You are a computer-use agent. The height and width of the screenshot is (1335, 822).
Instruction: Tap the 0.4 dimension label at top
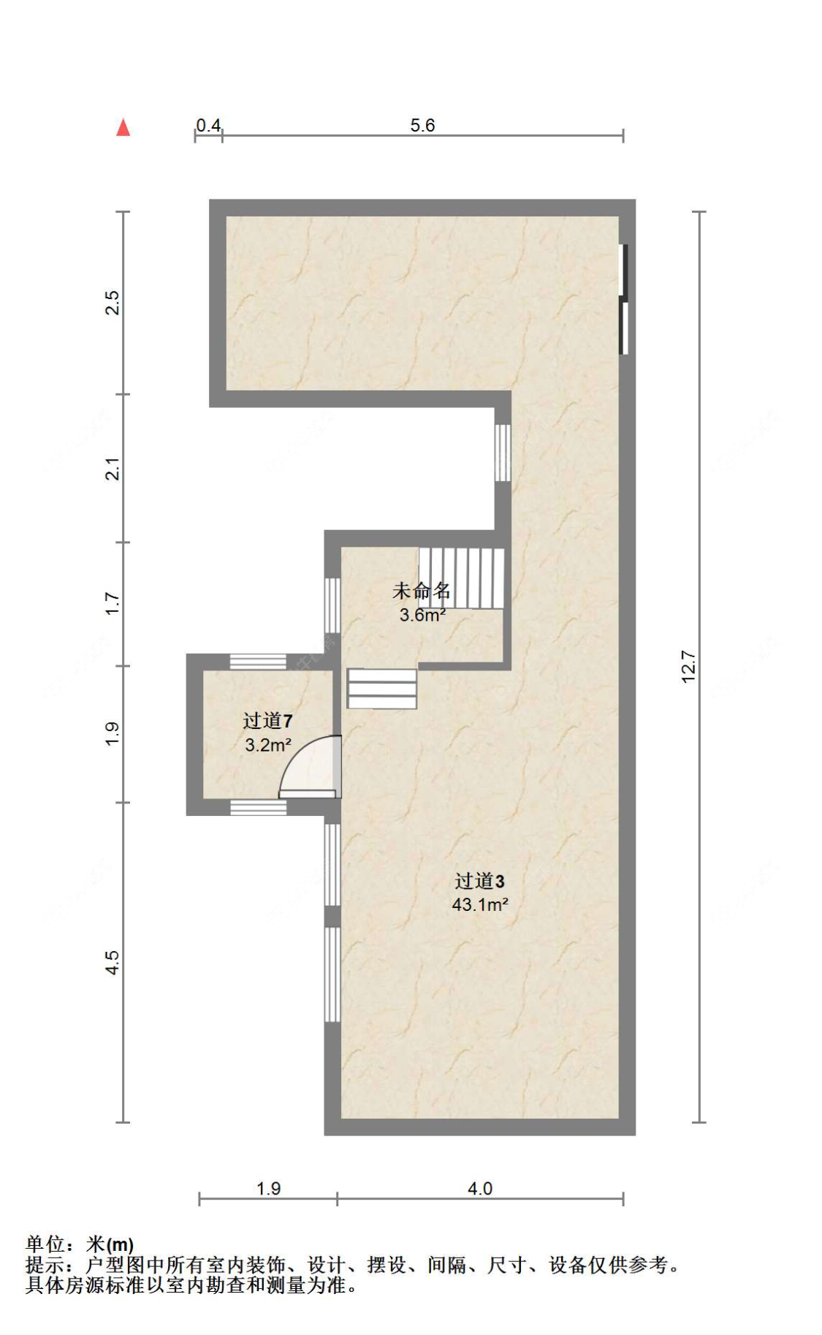coord(208,125)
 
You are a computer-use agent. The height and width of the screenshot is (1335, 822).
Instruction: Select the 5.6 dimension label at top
coord(422,125)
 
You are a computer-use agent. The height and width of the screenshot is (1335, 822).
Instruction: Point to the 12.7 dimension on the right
coord(688,666)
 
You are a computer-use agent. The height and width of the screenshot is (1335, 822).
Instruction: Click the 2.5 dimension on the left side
coord(112,303)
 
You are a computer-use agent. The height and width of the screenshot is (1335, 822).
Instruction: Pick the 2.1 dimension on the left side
coord(112,468)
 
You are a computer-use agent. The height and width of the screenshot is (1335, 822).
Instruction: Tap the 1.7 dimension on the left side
coord(112,603)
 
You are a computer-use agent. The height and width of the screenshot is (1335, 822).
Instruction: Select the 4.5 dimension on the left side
coord(112,962)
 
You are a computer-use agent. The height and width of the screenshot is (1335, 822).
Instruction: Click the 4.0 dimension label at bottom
coord(480,1188)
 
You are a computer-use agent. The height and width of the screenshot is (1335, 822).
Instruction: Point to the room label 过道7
coord(267,721)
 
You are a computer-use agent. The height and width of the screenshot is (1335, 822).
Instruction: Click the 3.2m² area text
coord(267,745)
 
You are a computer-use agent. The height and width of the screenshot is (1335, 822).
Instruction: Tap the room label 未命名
coord(422,591)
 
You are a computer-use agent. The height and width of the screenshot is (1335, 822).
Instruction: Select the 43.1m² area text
coord(479,904)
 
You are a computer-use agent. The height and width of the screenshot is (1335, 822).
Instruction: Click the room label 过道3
coord(479,881)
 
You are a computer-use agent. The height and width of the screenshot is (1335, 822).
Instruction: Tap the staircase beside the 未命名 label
coord(462,578)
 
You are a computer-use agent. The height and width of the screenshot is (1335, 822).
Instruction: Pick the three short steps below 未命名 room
coord(381,689)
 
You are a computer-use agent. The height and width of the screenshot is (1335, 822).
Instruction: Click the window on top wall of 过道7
coord(258,662)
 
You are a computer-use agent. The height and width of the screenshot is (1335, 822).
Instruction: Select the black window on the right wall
coord(623,299)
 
